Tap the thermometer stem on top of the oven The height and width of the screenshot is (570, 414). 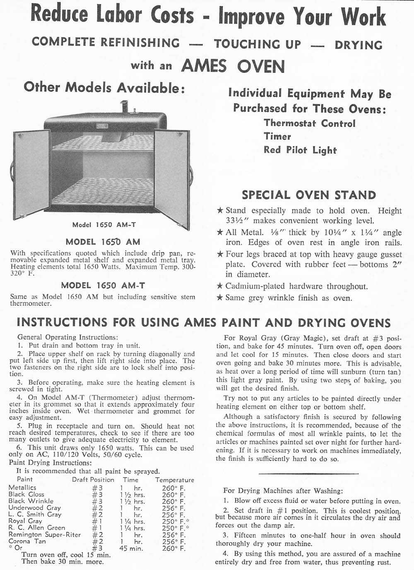click(123, 107)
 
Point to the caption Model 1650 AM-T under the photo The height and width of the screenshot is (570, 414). click(104, 225)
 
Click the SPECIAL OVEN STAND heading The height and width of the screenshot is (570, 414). click(309, 195)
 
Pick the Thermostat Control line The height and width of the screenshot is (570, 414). click(309, 123)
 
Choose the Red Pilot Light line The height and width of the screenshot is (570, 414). click(300, 150)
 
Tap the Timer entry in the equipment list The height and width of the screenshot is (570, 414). click(277, 137)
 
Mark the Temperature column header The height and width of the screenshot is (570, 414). click(174, 480)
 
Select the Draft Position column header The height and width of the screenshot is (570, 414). click(93, 480)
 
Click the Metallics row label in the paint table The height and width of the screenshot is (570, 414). click(22, 488)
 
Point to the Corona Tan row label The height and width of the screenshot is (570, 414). click(27, 541)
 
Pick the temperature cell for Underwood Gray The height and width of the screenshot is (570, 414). click(173, 508)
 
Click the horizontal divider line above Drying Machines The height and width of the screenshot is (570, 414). click(308, 473)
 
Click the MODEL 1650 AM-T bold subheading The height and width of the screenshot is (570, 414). click(103, 286)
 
